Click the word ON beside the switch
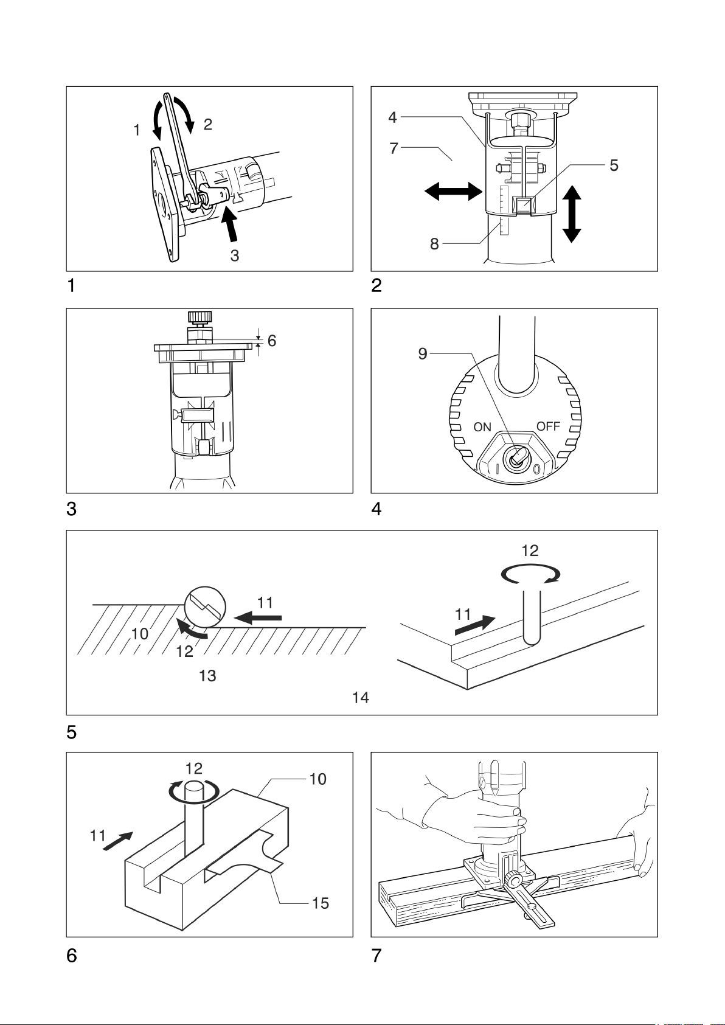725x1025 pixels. coord(482,427)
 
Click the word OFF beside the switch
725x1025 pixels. coord(548,426)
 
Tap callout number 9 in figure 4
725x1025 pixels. coord(423,353)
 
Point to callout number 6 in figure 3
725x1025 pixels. coord(272,341)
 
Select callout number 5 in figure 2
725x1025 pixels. coord(614,165)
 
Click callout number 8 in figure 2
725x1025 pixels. coord(434,244)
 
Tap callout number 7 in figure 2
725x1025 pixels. coord(394,148)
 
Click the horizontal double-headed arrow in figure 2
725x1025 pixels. coord(453,191)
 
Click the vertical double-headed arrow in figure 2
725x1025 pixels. coord(572,214)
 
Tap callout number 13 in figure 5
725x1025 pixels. coord(207,675)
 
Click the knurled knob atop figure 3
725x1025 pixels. coord(200,318)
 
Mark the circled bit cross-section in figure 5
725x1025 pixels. coord(205,606)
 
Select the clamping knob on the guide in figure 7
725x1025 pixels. coord(515,880)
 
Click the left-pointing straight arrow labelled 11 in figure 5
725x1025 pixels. coord(259,619)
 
